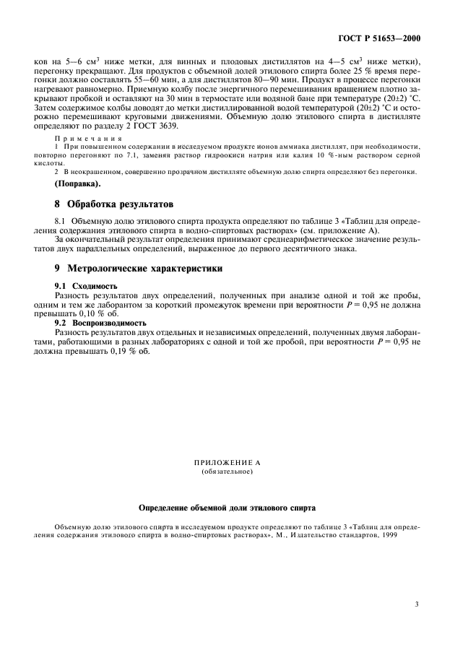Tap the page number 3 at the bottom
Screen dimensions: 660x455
pos(417,604)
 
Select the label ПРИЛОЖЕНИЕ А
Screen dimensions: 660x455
pos(227,462)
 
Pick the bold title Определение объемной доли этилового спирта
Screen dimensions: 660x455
pos(227,508)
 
